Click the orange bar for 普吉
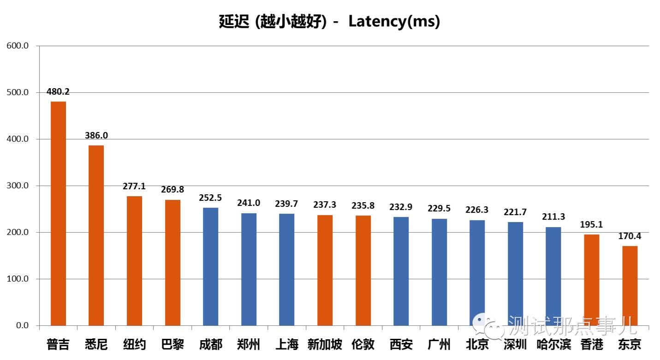tap(58, 213)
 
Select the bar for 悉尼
tap(96, 235)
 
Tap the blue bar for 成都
tap(210, 266)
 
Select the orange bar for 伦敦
tap(363, 270)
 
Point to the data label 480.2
tap(58, 92)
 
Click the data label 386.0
tap(96, 136)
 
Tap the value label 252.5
tap(210, 198)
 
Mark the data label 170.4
tap(630, 236)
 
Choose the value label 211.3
tap(553, 217)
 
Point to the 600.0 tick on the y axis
tap(18, 46)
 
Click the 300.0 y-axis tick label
tap(18, 186)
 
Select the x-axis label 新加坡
tap(325, 344)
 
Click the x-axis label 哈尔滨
tap(553, 344)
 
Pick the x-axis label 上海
tap(286, 344)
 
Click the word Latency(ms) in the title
tap(394, 21)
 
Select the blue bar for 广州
tap(439, 272)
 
